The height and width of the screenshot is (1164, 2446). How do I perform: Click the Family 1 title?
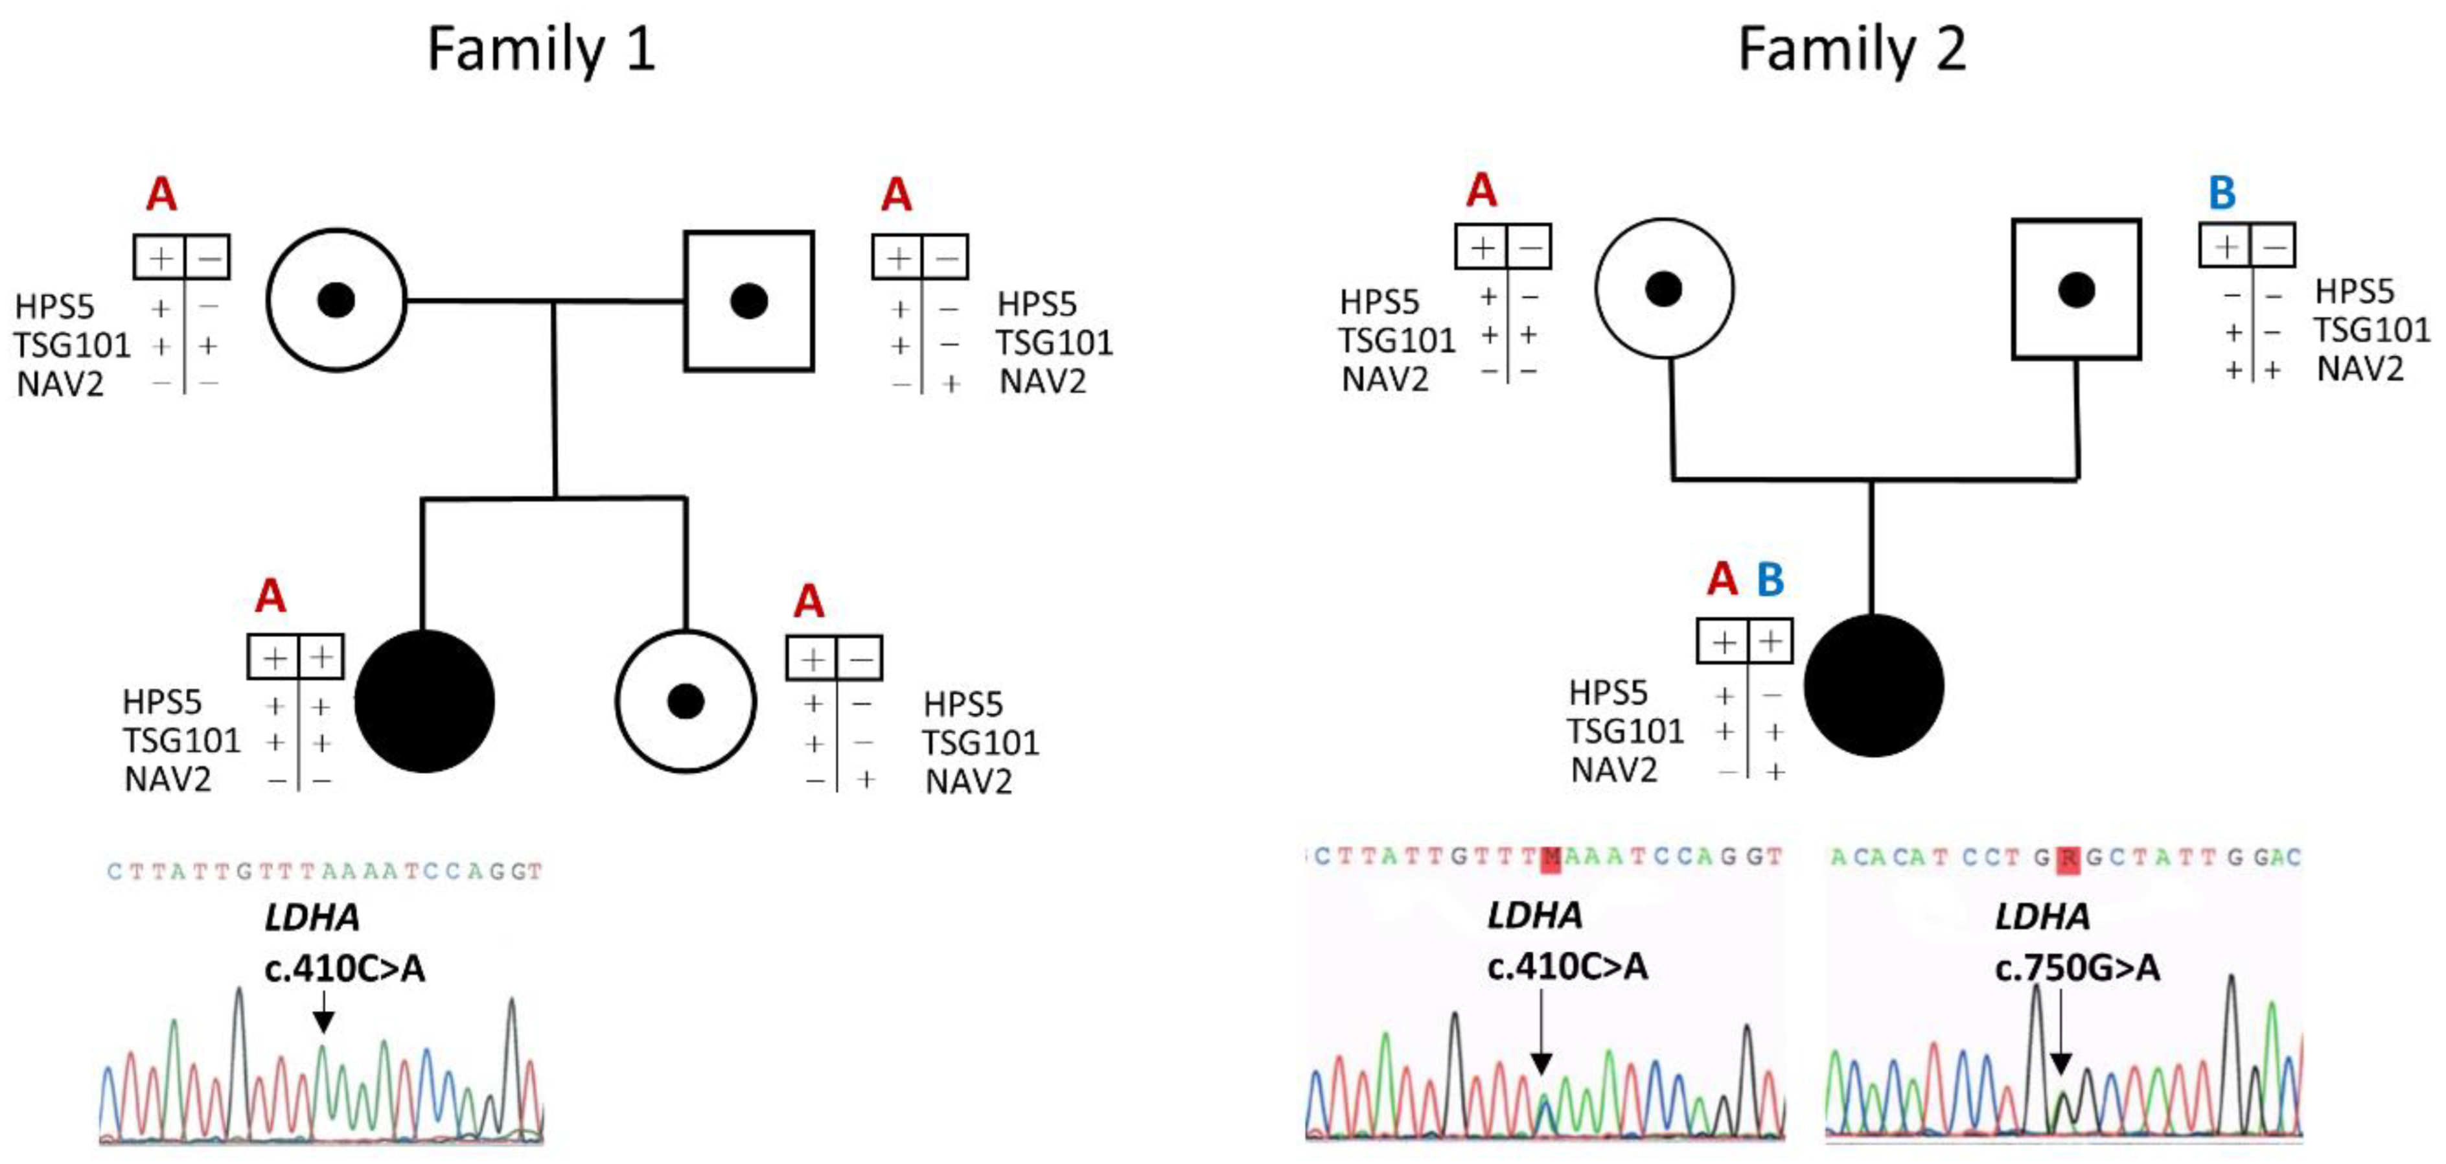click(x=541, y=49)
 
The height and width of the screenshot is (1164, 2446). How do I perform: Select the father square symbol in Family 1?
click(x=749, y=301)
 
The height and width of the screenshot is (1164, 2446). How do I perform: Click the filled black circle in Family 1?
click(x=424, y=702)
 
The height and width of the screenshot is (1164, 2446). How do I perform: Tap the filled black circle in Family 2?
click(x=1873, y=684)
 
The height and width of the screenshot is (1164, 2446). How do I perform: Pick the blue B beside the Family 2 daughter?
click(x=1770, y=579)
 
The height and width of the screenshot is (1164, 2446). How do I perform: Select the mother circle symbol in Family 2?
click(x=1663, y=288)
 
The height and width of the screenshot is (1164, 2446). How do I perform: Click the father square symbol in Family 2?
click(x=2077, y=290)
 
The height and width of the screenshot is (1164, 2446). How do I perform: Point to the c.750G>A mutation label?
click(x=2077, y=968)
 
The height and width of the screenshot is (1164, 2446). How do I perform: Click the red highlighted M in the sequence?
click(x=1551, y=857)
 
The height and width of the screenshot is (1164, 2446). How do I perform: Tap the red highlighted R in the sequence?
click(x=2068, y=858)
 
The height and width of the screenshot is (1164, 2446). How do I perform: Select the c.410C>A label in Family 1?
click(x=345, y=968)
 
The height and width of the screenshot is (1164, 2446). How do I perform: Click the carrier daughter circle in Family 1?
click(x=686, y=702)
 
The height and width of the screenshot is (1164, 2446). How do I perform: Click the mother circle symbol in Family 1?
click(x=336, y=300)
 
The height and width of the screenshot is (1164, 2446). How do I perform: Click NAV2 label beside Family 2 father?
click(x=2360, y=368)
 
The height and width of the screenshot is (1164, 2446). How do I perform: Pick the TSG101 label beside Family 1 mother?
click(x=71, y=345)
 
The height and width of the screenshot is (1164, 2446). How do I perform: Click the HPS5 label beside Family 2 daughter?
click(x=1608, y=693)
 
